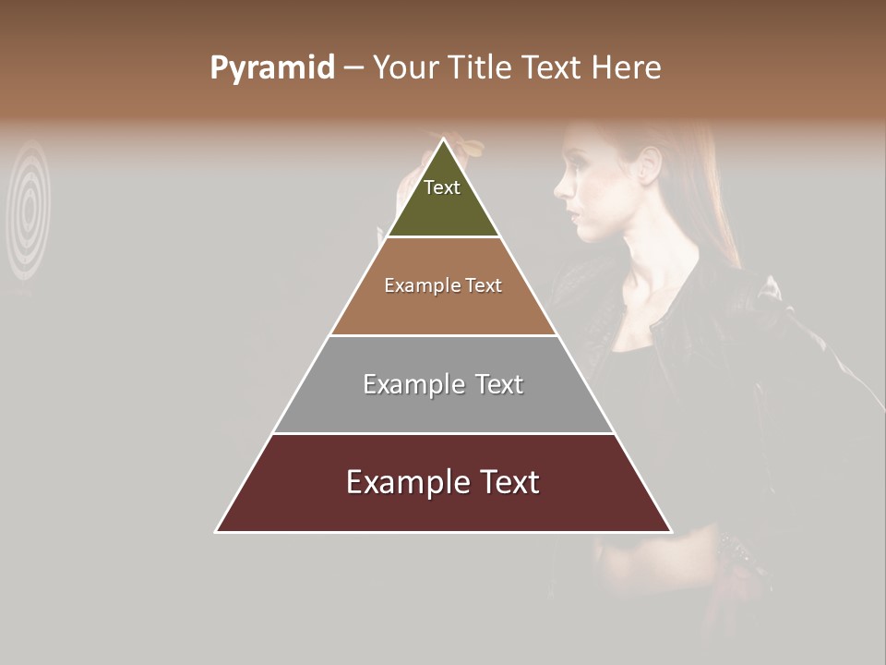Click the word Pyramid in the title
271,68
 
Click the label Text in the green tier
442,187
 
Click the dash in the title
353,67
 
